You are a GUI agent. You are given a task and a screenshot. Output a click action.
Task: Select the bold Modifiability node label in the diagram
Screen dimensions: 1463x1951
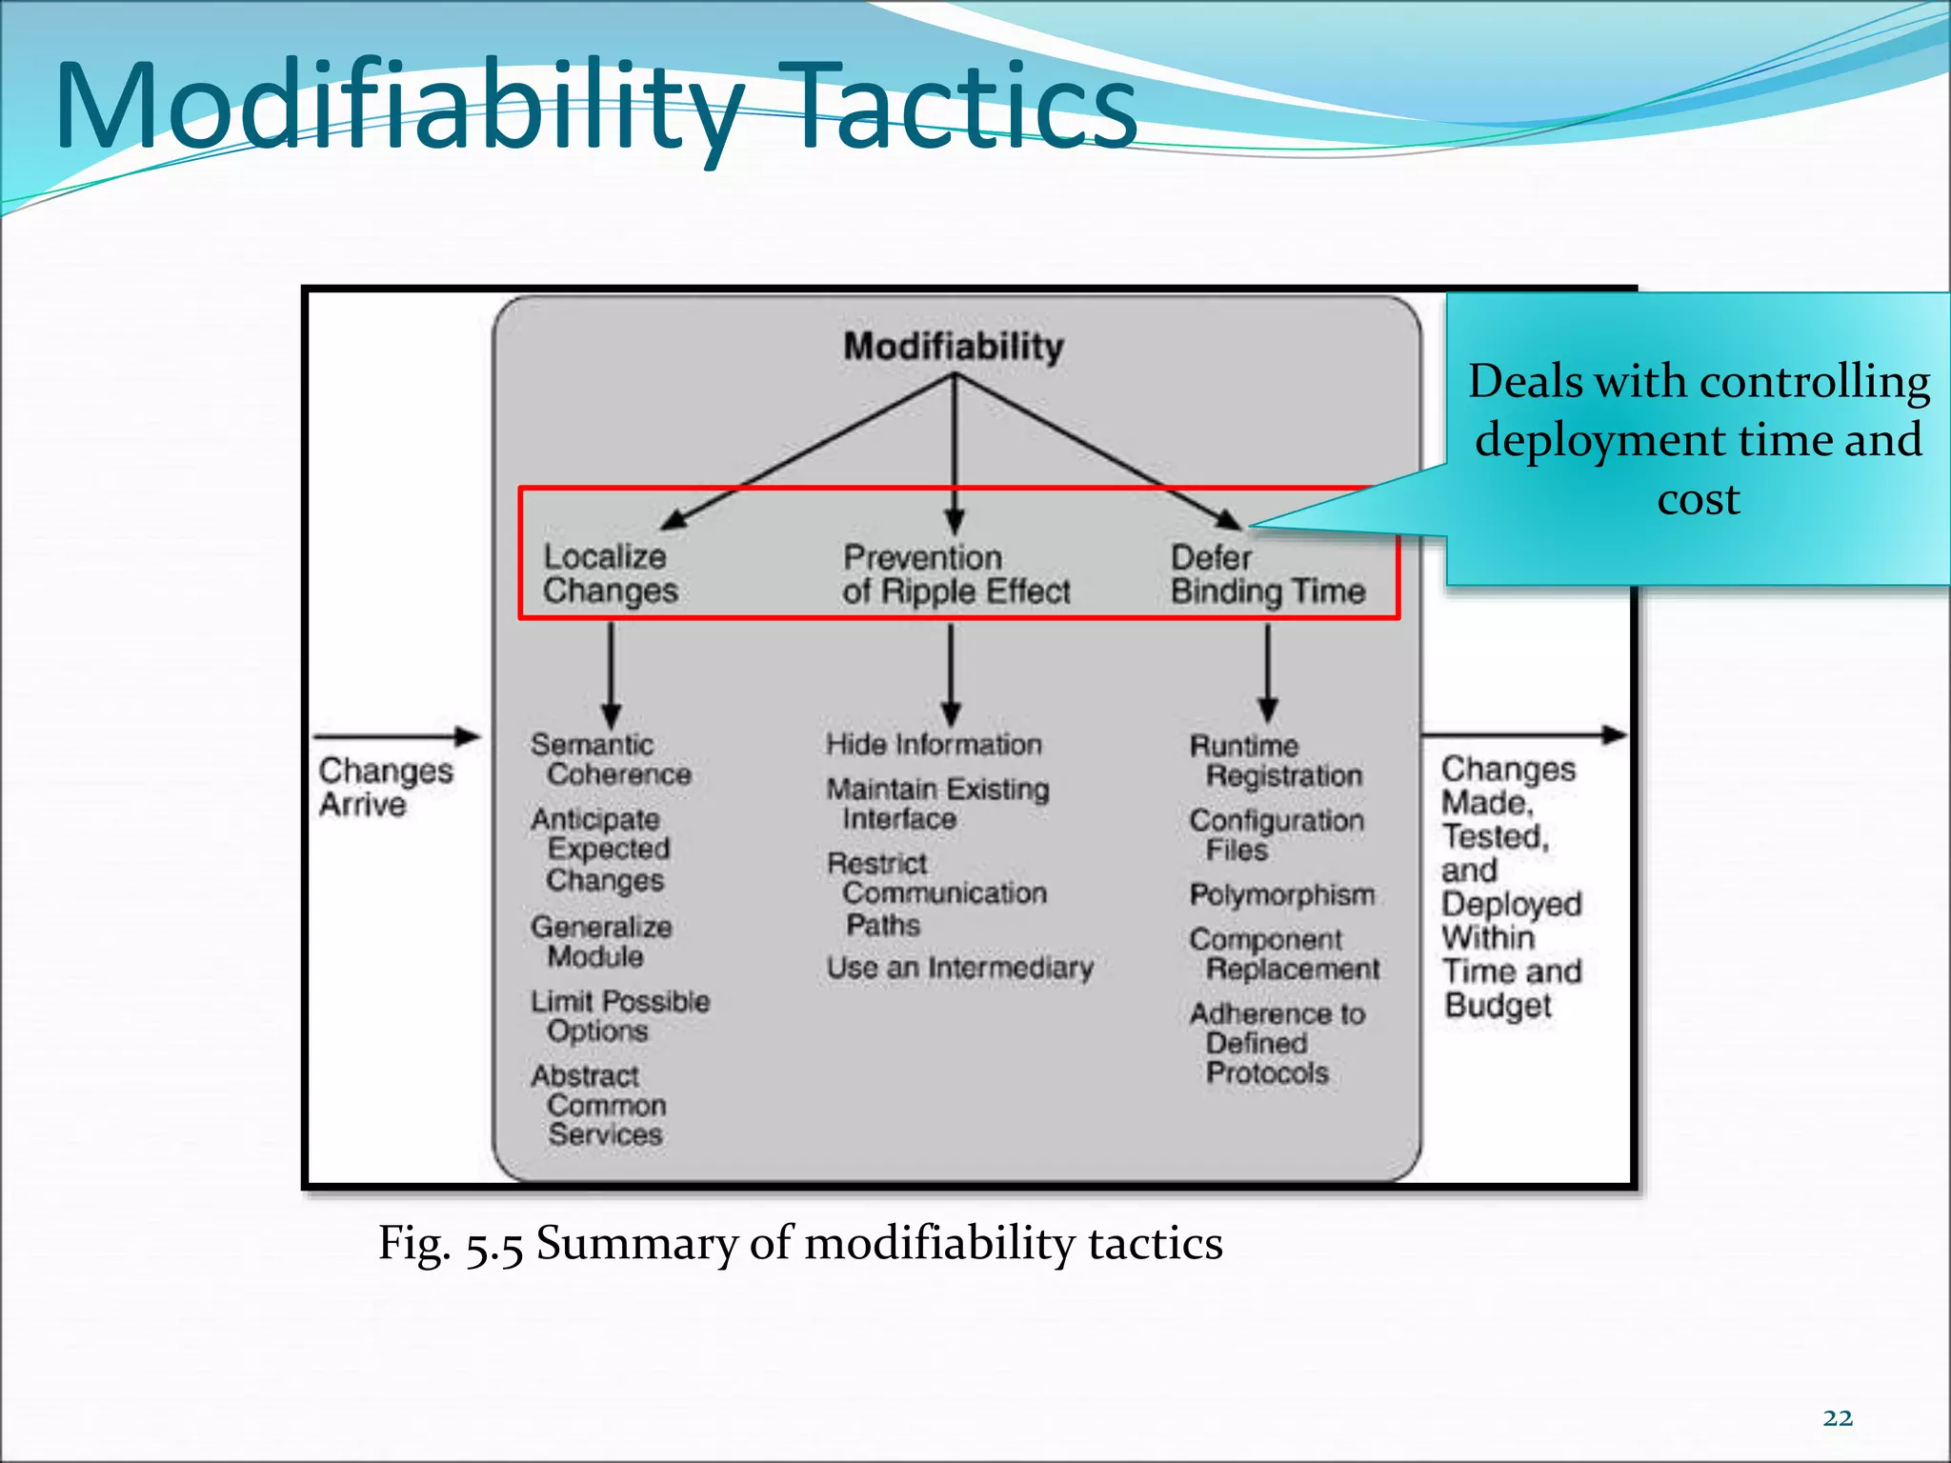pos(954,347)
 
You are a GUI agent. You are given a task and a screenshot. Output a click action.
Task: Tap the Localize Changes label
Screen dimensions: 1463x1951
pos(610,573)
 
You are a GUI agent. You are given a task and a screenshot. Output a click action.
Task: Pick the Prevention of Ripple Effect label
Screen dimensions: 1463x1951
pos(955,574)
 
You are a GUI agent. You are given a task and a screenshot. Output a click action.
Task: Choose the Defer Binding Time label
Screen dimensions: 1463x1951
pos(1267,574)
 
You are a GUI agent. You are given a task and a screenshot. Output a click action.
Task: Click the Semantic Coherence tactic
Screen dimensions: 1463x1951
pos(610,759)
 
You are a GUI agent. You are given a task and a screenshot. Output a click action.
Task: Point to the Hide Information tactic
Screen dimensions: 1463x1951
pos(934,744)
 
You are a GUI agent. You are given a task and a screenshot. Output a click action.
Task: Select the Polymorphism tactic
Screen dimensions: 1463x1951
pos(1281,894)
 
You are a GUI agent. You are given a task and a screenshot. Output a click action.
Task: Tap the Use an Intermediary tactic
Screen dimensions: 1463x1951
pos(959,968)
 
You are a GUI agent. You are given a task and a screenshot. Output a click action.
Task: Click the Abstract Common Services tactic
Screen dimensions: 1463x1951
pos(598,1105)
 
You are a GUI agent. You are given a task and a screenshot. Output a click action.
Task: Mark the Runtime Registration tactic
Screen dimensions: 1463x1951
pos(1275,760)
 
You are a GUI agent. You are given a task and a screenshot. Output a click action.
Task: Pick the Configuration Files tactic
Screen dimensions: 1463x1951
pos(1275,834)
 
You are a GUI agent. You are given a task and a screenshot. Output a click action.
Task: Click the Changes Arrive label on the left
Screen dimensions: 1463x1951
pos(385,787)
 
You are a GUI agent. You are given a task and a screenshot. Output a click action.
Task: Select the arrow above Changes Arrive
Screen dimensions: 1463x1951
pos(395,736)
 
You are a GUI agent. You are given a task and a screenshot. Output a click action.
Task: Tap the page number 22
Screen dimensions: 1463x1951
pos(1838,1418)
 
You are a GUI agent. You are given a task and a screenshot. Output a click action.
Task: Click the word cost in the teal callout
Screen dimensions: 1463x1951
pos(1698,499)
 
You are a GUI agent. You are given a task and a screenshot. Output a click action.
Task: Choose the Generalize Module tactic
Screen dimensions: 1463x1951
pos(600,941)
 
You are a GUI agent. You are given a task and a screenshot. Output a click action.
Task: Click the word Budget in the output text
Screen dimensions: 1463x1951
pos(1498,1006)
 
